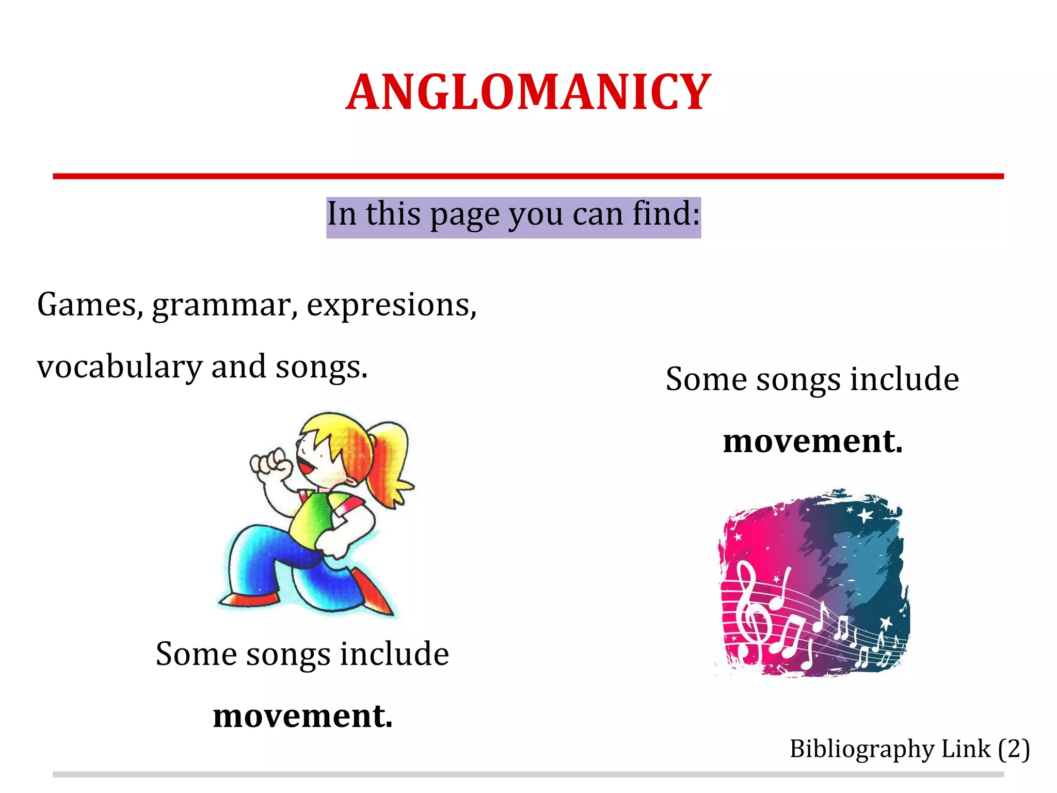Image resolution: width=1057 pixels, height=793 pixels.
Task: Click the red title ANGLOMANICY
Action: click(528, 93)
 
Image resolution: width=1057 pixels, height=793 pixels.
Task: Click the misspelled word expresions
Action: click(391, 306)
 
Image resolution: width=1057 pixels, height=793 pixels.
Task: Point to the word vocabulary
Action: click(119, 368)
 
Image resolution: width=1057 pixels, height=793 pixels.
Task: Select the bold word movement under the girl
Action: click(303, 716)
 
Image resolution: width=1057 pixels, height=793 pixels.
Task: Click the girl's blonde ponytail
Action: click(392, 454)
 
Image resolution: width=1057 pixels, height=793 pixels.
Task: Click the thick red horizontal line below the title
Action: click(528, 177)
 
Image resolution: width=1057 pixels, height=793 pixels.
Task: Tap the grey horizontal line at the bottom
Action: click(528, 774)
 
